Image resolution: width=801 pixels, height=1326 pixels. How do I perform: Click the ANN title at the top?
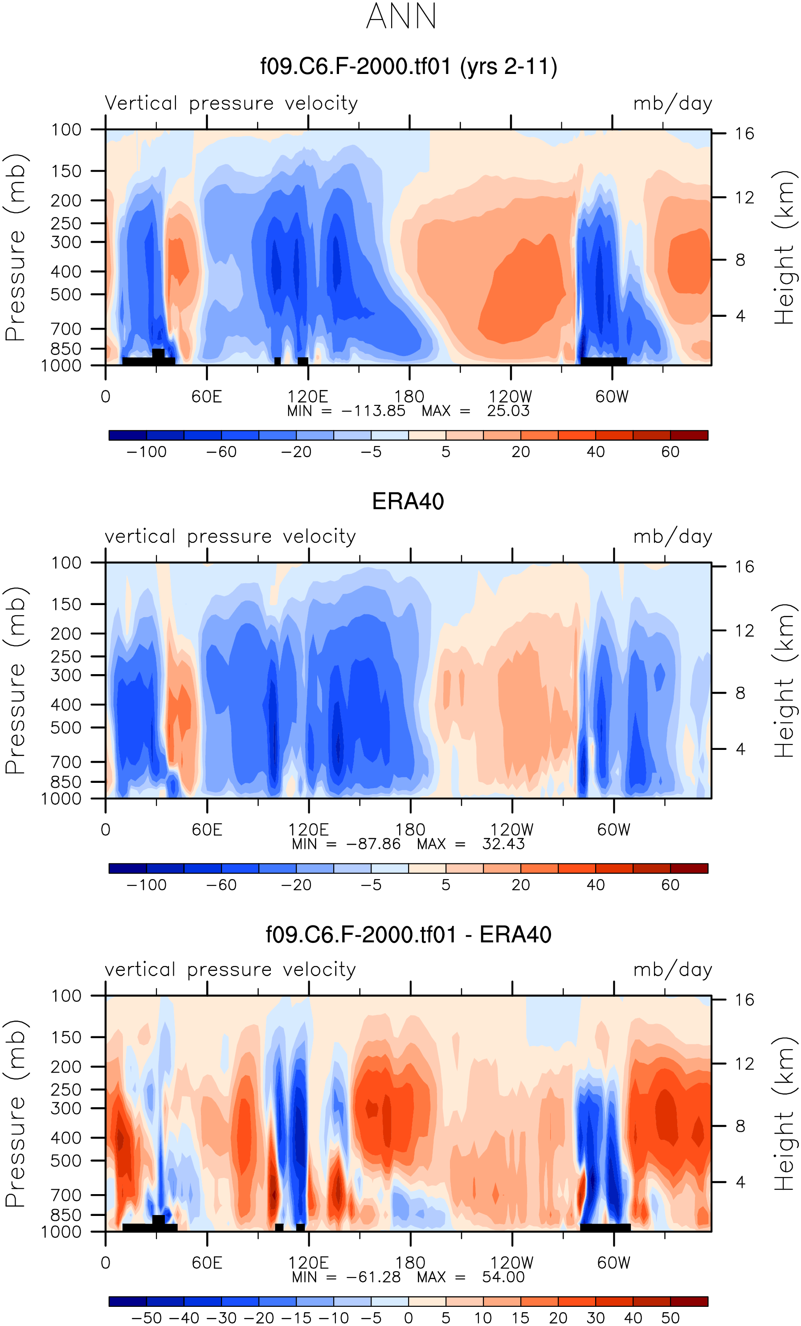click(401, 16)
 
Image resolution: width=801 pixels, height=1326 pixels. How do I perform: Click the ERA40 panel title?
click(408, 502)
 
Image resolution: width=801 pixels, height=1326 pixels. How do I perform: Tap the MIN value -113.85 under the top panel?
click(373, 411)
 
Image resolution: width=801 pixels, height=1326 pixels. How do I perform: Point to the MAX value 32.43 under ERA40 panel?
click(503, 844)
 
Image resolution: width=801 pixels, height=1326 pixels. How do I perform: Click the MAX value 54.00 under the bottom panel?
click(503, 1277)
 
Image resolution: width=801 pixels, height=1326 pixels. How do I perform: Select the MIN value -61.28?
click(373, 1277)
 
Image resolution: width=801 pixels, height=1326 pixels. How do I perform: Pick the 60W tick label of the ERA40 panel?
click(613, 829)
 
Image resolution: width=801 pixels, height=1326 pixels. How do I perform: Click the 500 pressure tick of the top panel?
click(66, 295)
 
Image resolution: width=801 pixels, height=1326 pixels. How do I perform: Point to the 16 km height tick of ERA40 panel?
click(744, 567)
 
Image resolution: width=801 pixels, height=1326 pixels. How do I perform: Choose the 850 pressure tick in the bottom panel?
click(66, 1215)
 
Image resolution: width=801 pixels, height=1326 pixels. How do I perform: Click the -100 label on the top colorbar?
click(146, 452)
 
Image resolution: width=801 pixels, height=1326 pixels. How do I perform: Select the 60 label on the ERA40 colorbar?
click(670, 885)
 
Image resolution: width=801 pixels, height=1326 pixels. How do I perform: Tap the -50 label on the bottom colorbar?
click(146, 1318)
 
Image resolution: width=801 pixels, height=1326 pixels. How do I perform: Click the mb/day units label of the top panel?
click(672, 103)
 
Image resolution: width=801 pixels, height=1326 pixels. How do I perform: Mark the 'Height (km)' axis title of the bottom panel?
click(783, 1113)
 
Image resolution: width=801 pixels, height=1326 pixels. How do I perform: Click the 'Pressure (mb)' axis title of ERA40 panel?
click(15, 681)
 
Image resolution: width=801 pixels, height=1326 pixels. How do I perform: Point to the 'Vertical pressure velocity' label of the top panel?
click(231, 103)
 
